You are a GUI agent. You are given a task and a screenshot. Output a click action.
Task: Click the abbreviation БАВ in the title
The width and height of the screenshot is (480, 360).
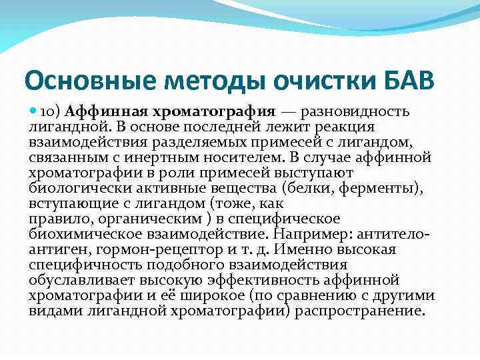click(x=404, y=81)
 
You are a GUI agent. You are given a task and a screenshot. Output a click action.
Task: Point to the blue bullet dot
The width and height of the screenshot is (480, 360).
click(x=33, y=111)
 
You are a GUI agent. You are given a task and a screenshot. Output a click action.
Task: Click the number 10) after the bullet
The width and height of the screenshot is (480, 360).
click(x=52, y=111)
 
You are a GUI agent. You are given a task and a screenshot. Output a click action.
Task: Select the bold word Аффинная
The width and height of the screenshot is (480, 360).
click(x=101, y=111)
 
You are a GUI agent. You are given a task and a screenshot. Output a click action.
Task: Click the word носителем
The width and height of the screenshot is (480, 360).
click(x=243, y=157)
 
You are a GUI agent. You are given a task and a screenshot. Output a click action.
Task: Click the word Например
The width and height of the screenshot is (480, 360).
click(x=317, y=234)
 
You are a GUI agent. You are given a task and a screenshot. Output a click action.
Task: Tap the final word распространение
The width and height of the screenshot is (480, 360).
click(x=359, y=311)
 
